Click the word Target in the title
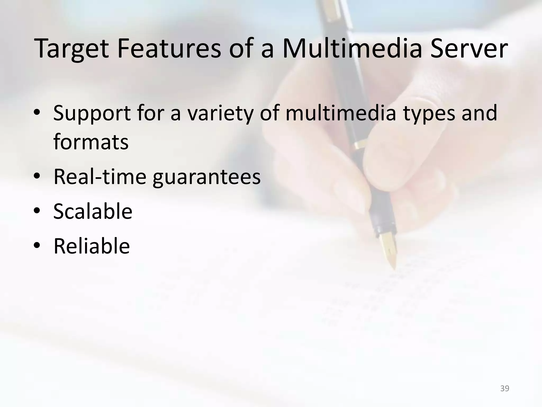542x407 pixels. (71, 49)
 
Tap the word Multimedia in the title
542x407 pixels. (352, 49)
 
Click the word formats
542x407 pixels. (91, 142)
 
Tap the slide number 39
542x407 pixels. (505, 388)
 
